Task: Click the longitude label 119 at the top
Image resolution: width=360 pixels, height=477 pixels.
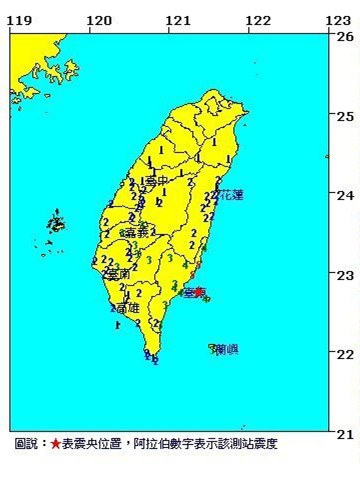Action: pos(19,20)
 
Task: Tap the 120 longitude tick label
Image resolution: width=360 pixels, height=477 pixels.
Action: pos(99,20)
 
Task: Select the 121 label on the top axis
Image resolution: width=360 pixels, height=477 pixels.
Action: pos(178,20)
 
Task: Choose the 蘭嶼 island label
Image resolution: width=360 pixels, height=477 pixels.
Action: pos(225,350)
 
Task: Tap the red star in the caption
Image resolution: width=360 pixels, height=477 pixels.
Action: pos(56,442)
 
